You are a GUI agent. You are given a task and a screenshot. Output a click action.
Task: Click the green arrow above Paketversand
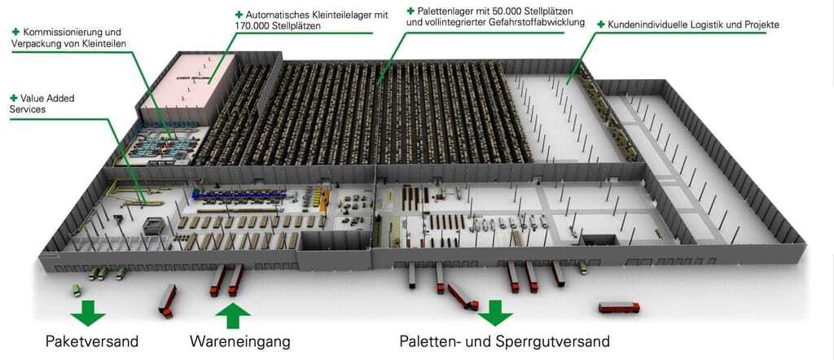[88, 313]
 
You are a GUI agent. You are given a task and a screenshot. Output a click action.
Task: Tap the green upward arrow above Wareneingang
[233, 315]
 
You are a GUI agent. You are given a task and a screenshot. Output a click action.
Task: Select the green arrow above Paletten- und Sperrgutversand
[494, 313]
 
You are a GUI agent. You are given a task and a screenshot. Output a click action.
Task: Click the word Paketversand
[92, 340]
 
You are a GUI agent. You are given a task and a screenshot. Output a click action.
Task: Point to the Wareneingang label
[240, 341]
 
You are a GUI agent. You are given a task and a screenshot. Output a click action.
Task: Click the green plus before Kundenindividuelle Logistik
[601, 24]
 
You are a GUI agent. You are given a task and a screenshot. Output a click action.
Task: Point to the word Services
[28, 109]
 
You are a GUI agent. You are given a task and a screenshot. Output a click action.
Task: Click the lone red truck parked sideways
[619, 307]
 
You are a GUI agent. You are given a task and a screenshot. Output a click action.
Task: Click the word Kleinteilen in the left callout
[104, 44]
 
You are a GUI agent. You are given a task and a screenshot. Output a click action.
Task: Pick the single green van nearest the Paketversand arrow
[77, 290]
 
